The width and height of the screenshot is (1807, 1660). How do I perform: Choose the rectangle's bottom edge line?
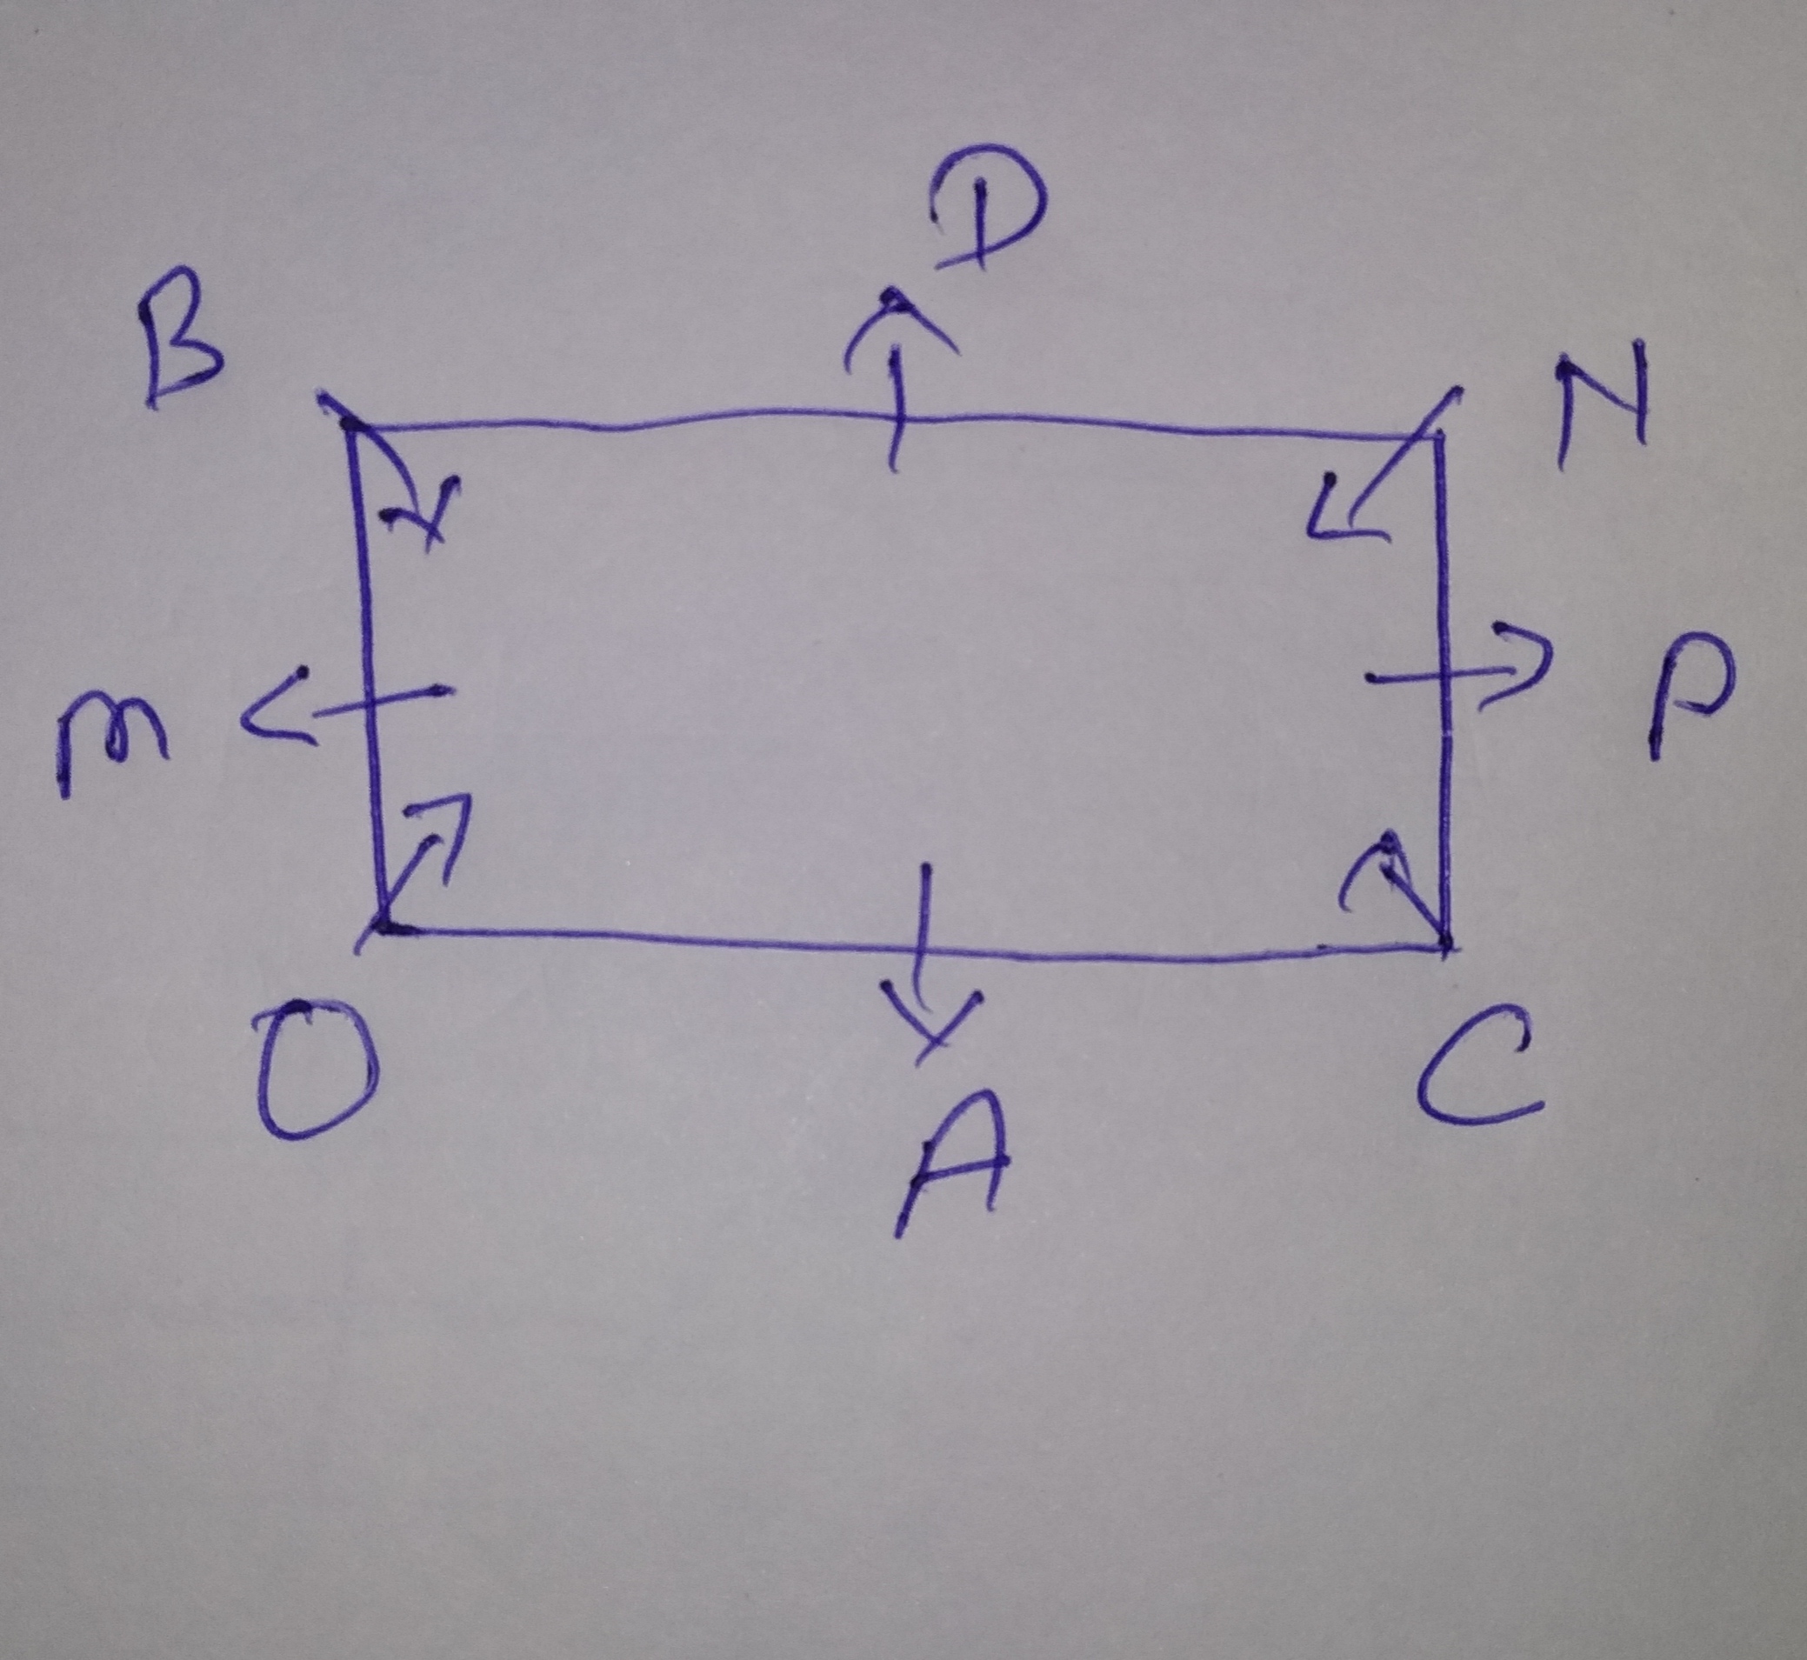point(911,943)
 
